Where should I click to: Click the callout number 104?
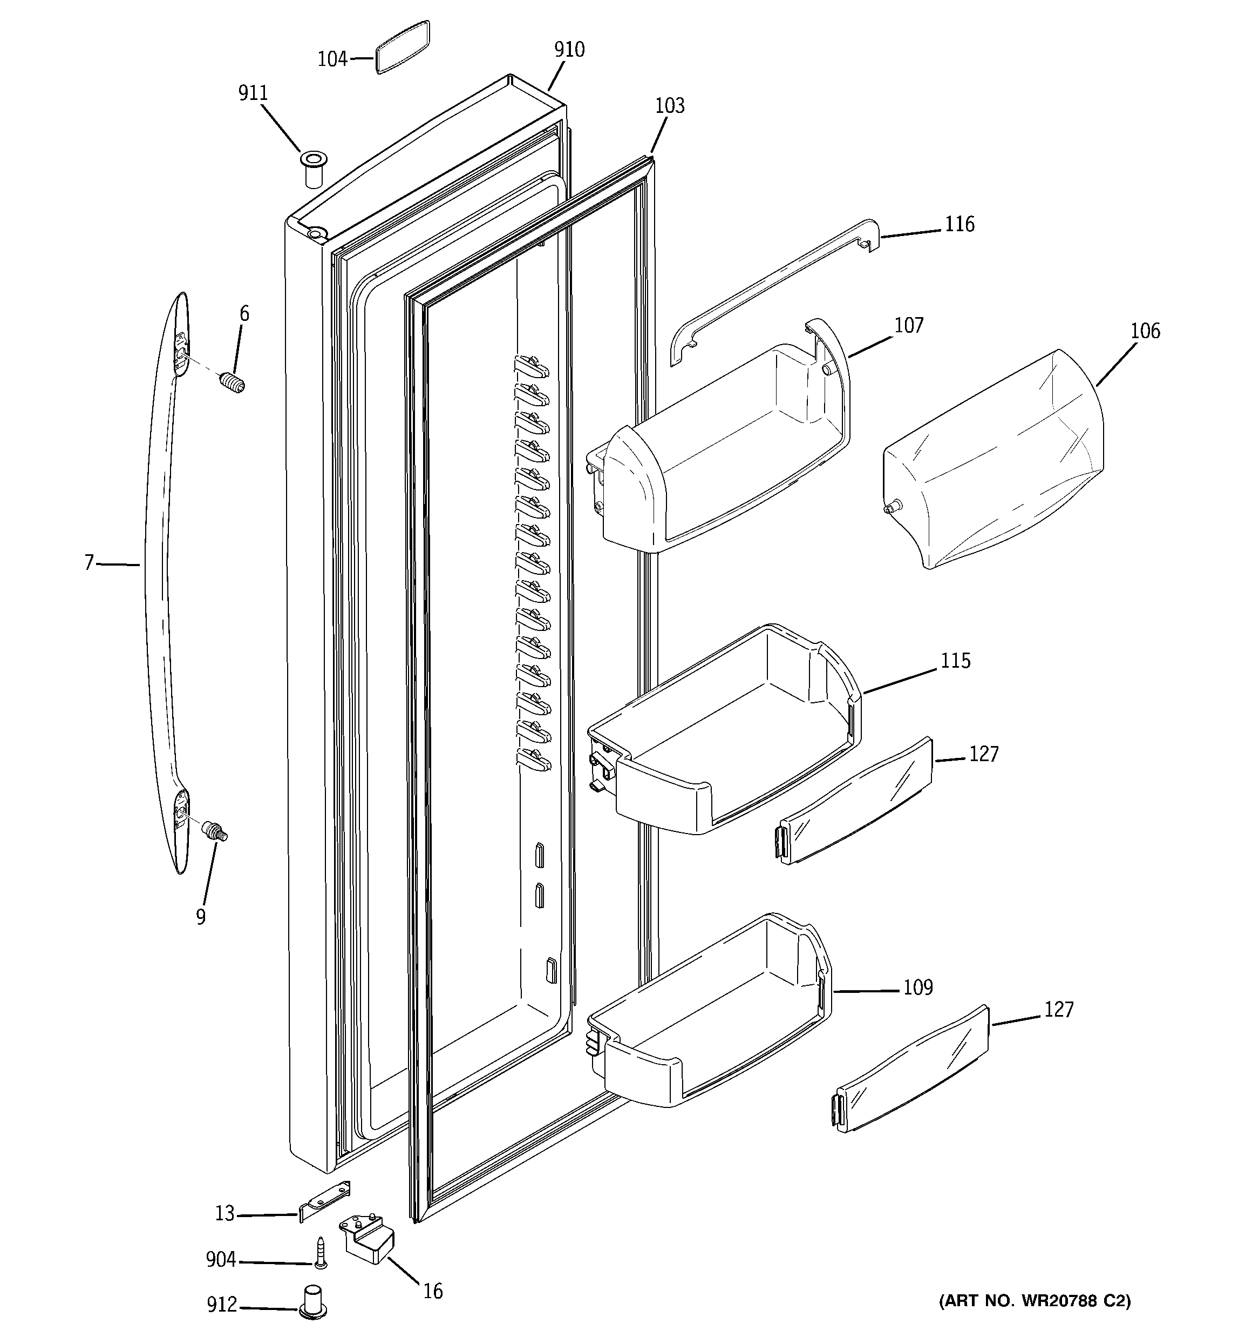click(332, 59)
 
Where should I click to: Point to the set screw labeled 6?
click(233, 384)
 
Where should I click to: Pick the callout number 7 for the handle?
click(89, 563)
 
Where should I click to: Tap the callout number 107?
click(909, 326)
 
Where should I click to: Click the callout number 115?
click(955, 661)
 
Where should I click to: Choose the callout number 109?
click(917, 987)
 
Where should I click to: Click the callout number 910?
click(569, 50)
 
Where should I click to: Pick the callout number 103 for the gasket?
click(669, 105)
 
